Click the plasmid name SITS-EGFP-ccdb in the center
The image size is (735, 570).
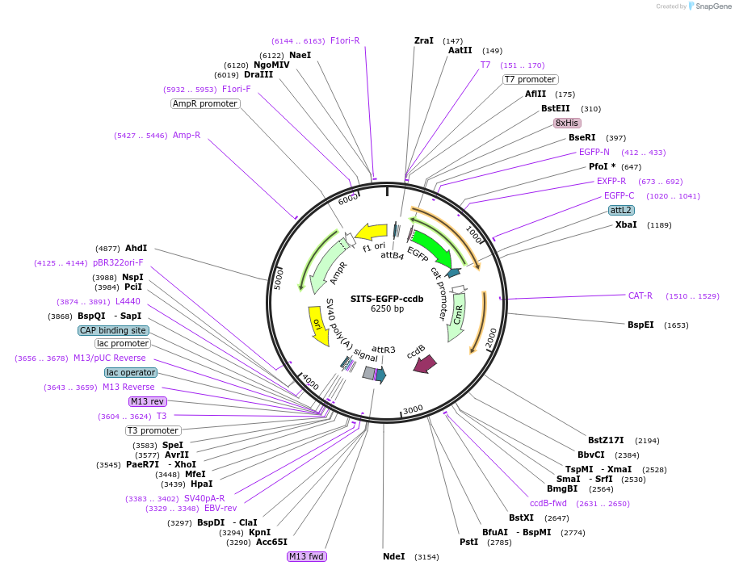click(x=387, y=298)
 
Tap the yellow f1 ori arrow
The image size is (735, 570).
click(x=371, y=233)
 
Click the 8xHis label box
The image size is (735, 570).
click(x=566, y=123)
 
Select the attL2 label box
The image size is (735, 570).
click(x=621, y=210)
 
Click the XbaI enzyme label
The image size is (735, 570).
click(x=626, y=224)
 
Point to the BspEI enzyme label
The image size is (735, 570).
click(x=640, y=325)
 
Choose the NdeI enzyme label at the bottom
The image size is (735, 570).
click(x=393, y=556)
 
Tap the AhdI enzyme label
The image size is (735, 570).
click(x=136, y=248)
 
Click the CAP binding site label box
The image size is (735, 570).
click(x=113, y=330)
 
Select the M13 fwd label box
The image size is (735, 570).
click(x=307, y=556)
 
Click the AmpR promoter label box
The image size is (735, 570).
click(x=205, y=103)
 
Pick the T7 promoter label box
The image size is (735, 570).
click(x=530, y=79)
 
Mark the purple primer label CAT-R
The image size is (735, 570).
click(x=640, y=295)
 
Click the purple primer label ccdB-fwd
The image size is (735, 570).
click(x=548, y=503)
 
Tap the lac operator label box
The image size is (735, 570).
click(x=130, y=372)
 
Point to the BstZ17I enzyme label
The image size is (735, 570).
click(x=606, y=440)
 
